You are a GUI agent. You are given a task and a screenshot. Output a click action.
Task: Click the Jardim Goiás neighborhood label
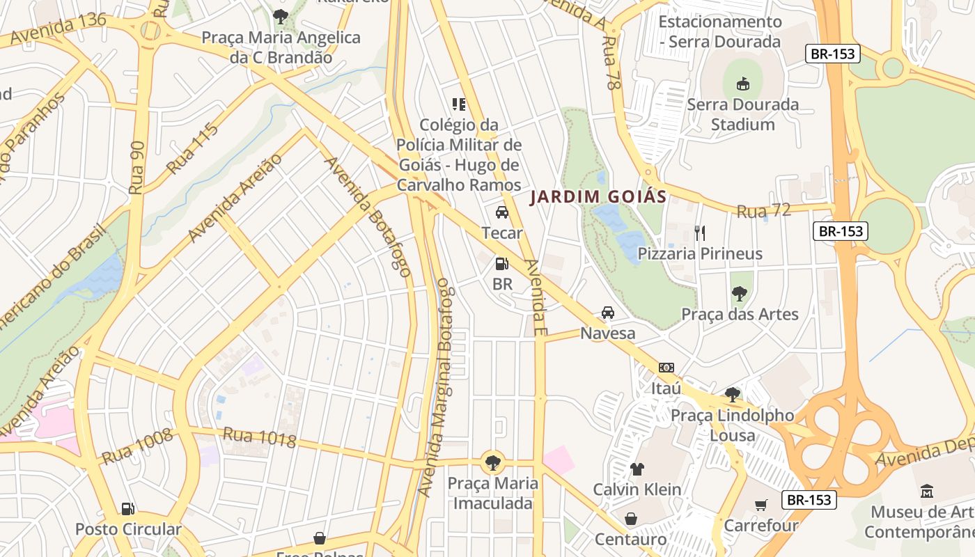(598, 197)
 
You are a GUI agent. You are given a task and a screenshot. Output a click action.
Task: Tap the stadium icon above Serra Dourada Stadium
(742, 84)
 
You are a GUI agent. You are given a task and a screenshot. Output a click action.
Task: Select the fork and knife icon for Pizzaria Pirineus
(700, 233)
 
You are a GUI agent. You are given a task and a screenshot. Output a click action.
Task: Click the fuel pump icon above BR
(501, 264)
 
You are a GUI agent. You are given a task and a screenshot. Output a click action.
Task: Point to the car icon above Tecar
(501, 212)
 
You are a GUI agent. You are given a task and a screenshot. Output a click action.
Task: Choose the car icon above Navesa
(608, 313)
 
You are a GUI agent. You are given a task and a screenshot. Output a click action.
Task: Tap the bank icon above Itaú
(666, 368)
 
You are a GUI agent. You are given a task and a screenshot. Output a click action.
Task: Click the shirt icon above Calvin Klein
(637, 469)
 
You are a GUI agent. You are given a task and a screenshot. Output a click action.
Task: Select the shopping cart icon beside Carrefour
(760, 505)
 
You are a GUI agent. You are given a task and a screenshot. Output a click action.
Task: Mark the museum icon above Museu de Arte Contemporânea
(927, 492)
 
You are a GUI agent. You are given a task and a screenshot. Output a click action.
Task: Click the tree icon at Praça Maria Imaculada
(492, 462)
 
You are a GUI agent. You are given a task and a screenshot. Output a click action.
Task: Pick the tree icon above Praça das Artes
(739, 294)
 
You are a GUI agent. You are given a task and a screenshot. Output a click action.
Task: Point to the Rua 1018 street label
(259, 438)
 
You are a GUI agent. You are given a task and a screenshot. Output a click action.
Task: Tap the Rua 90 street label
(136, 168)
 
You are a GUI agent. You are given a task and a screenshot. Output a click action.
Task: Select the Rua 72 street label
(764, 210)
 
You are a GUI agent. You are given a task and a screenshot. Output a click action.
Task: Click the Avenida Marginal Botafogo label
(437, 387)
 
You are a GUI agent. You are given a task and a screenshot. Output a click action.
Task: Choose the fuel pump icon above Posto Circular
(127, 509)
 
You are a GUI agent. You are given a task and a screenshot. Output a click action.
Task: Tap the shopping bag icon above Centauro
(630, 519)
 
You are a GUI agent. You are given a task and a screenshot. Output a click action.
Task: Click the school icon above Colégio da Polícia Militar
(458, 104)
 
